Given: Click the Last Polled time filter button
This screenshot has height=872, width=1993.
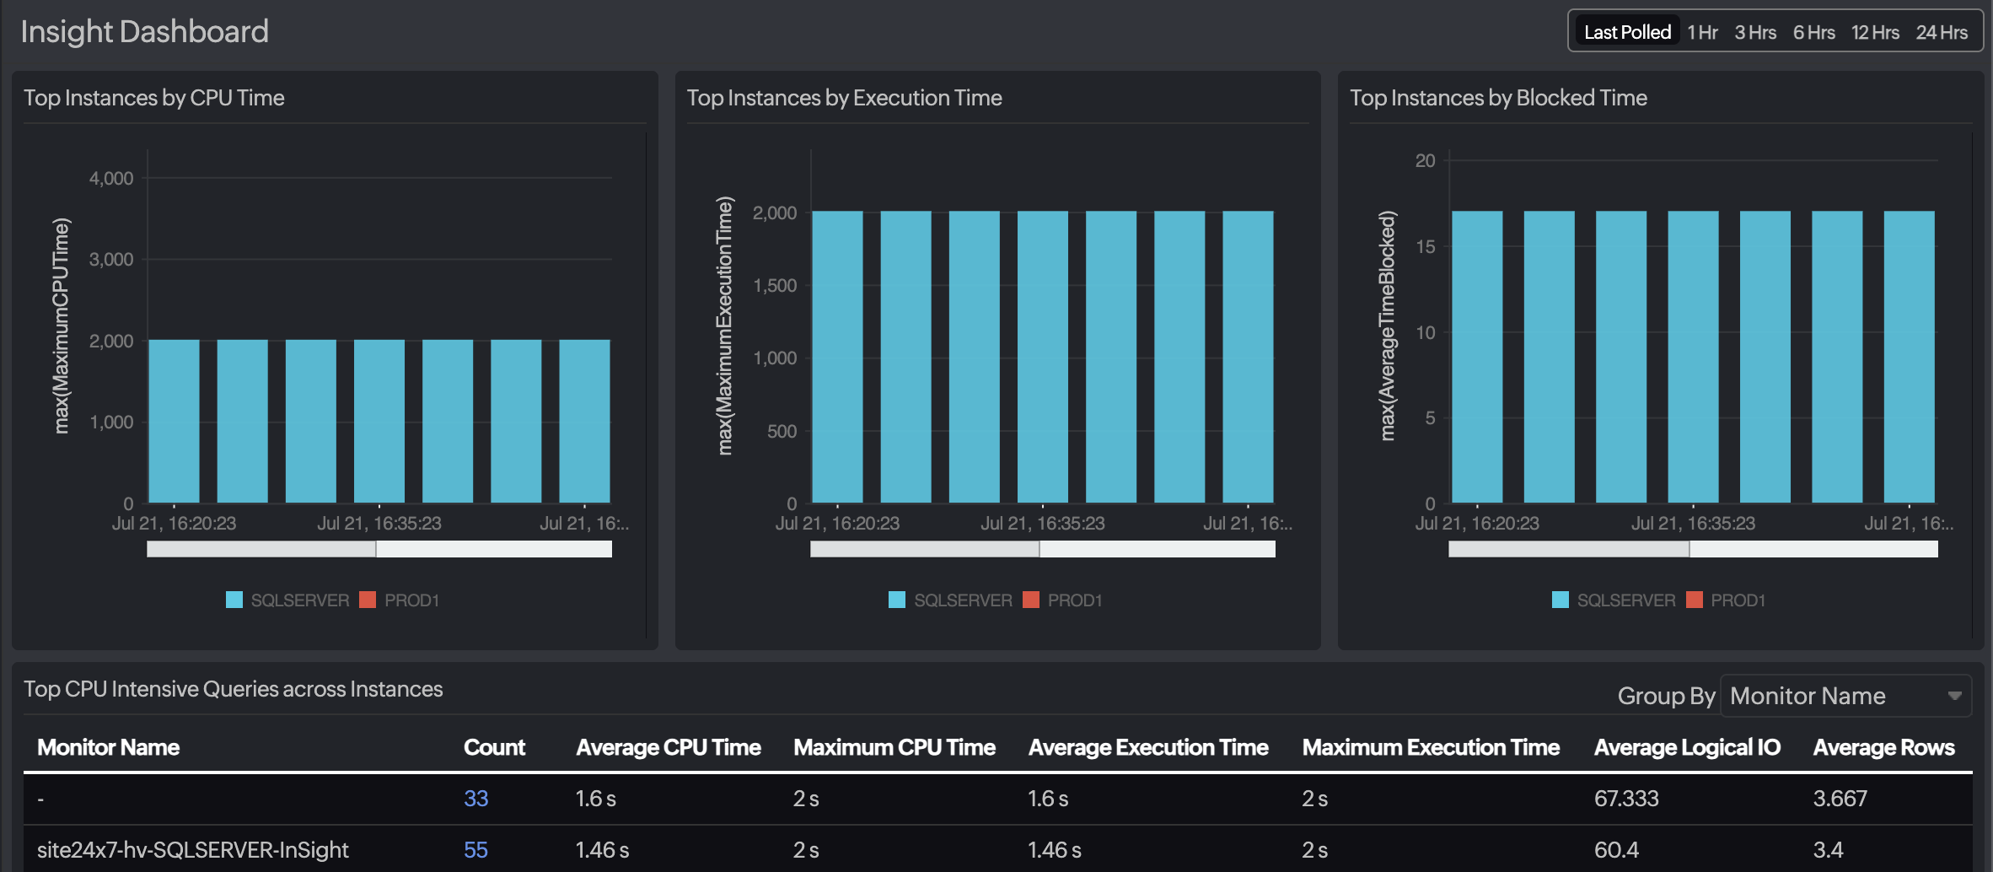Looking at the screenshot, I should coord(1626,32).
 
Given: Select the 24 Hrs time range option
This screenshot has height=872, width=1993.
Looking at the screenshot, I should coord(1941,32).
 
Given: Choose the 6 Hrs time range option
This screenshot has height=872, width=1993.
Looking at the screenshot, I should coord(1813,32).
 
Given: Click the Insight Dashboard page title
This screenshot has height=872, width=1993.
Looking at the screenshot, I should coord(144,31).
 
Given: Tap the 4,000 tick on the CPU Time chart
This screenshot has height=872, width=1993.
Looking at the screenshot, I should coord(111,179).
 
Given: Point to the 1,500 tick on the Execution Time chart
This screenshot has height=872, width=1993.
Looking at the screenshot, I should coord(775,286).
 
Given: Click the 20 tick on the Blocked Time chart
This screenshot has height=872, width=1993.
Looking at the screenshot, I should coord(1425,160).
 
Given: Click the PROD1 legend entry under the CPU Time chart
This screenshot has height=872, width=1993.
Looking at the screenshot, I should coord(410,600).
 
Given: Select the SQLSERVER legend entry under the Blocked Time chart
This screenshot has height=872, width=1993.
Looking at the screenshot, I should coord(1625,600).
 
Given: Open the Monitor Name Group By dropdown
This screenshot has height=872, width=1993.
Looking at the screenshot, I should coord(1845,696).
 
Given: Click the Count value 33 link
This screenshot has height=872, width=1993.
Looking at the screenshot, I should coord(475,799).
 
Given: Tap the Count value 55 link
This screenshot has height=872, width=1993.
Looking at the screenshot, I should coord(475,850).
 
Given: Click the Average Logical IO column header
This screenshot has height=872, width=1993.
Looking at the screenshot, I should coord(1687,747).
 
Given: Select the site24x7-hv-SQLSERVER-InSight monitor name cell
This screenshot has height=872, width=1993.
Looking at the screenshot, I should coord(192,850).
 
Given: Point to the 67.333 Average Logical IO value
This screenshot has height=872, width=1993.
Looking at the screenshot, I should coord(1626,799).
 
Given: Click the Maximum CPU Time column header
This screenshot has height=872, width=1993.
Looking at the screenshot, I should coord(894,747).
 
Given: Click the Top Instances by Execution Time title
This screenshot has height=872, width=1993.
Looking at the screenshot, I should coord(844,98).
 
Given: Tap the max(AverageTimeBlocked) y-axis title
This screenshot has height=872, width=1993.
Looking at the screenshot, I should coord(1387,326).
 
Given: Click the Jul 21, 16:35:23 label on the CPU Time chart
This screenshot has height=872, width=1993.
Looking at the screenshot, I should coord(379,524).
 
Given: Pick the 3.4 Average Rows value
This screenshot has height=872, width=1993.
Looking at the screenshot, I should coord(1828,850).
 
